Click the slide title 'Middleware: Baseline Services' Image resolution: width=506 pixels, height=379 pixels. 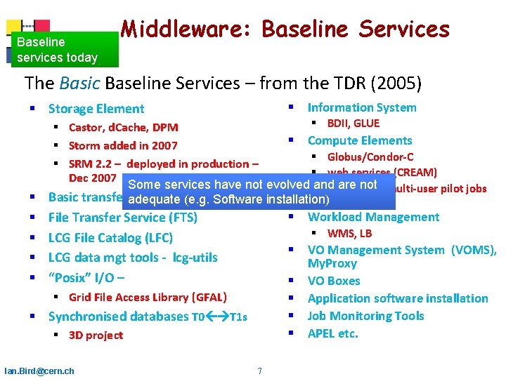(285, 29)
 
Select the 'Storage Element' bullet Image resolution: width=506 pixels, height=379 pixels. (96, 109)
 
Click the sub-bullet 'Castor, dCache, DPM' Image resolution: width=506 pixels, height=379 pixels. (123, 127)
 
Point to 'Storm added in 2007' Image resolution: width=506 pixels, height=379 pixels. (123, 145)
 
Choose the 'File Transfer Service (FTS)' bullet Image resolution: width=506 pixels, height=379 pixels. (122, 218)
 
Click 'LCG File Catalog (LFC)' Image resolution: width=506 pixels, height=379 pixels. (110, 237)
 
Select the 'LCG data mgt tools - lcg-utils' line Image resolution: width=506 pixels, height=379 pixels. (133, 258)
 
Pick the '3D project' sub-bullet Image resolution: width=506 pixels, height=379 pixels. (96, 335)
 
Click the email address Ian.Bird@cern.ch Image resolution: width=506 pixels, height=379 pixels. (39, 371)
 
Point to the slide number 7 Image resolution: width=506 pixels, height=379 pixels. (259, 371)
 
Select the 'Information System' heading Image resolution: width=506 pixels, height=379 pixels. (362, 107)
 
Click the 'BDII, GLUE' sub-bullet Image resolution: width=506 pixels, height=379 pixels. (353, 124)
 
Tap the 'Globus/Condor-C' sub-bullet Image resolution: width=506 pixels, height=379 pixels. (370, 157)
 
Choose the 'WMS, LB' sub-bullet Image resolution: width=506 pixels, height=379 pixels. (349, 233)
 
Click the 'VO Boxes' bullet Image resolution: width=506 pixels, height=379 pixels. (334, 281)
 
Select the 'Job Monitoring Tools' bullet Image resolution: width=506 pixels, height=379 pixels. (365, 316)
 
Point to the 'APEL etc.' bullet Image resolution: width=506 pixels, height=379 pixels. (333, 333)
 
